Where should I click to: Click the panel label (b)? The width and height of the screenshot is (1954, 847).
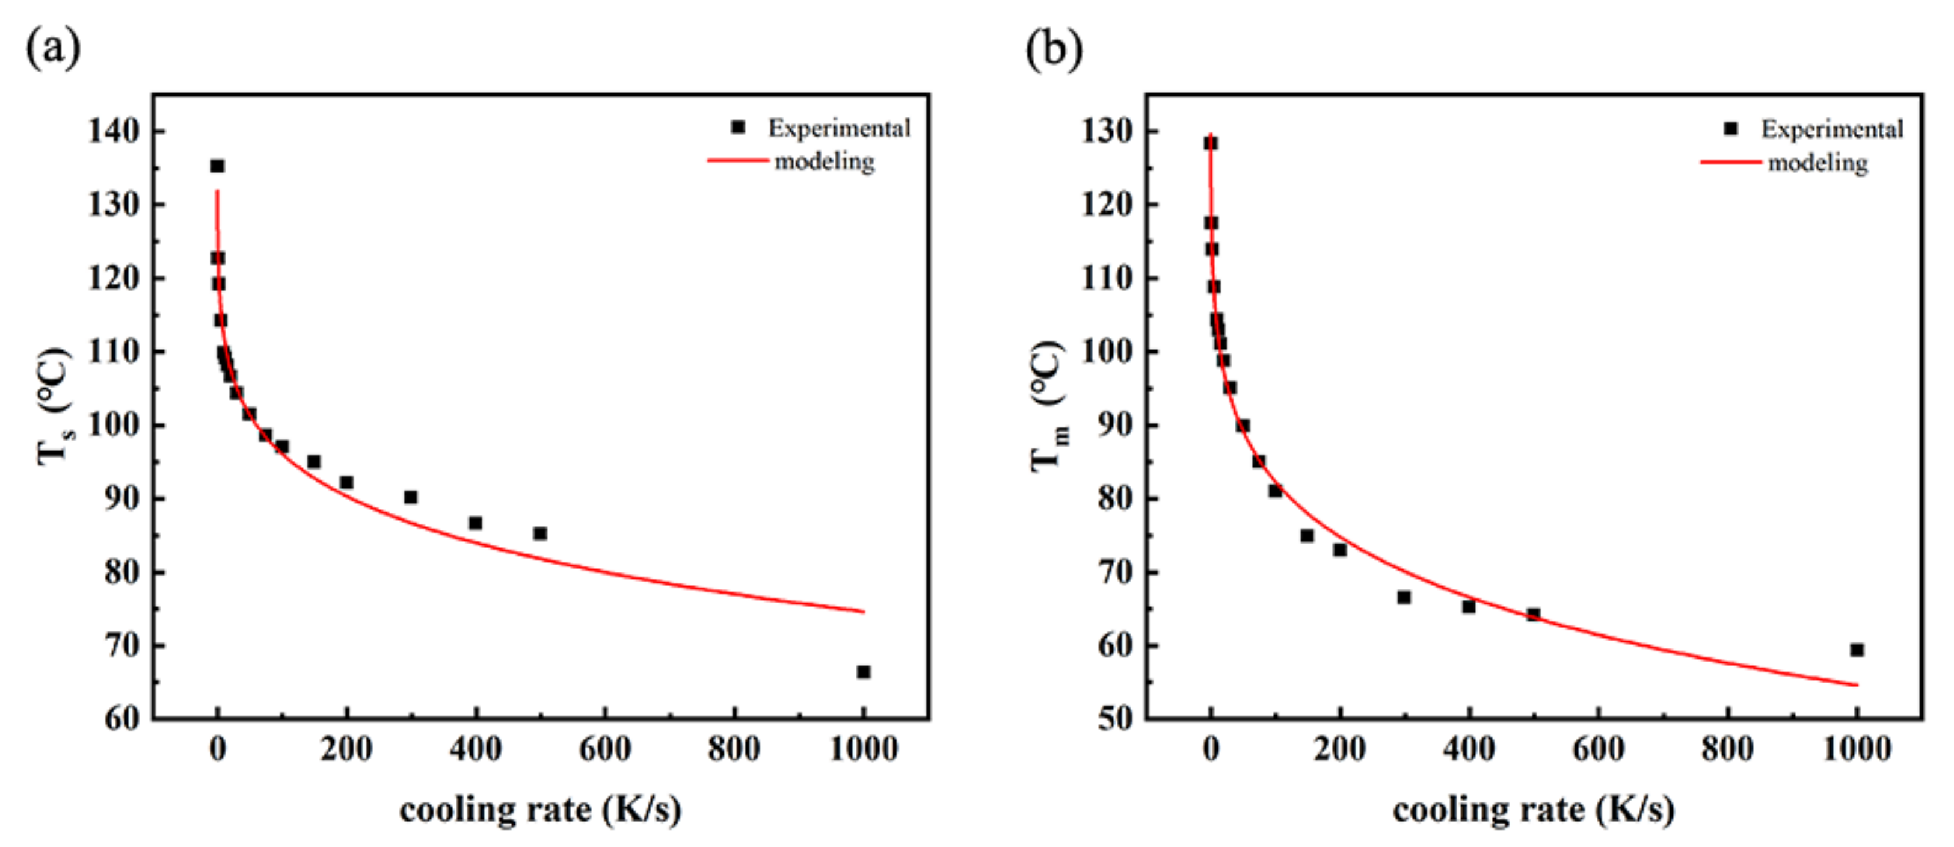pos(1054,49)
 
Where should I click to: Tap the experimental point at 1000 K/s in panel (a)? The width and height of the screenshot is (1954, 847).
pos(863,672)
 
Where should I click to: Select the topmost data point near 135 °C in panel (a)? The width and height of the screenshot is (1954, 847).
pos(218,166)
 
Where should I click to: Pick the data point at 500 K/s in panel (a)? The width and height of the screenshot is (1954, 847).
pos(540,533)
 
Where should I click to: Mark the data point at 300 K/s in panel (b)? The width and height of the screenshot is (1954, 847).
pos(1404,597)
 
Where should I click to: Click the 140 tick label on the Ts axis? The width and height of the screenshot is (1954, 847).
pos(114,131)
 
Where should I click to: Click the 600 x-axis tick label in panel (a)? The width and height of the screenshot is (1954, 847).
pos(604,750)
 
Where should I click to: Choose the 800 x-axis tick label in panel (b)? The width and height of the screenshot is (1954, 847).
pos(1727,750)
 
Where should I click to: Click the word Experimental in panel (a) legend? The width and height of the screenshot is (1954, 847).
pos(839,128)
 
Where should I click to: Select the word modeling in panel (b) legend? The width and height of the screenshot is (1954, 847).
pos(1817,163)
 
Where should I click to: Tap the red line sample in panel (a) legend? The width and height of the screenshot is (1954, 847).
pos(737,160)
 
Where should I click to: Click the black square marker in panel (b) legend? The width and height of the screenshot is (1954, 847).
pos(1731,129)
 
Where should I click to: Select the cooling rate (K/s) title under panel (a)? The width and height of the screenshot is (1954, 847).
pos(540,810)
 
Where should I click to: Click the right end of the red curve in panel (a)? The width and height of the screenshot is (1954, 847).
pos(863,612)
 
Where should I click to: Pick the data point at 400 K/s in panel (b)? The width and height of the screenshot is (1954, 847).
pos(1469,606)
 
